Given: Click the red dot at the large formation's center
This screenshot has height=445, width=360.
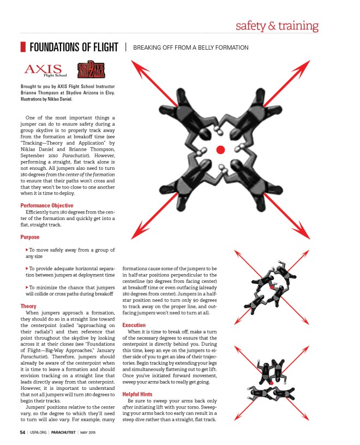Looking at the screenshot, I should click(220, 150).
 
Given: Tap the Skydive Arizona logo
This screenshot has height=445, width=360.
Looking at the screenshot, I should click(91, 70).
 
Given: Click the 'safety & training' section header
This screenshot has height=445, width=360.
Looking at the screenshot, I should click(277, 26).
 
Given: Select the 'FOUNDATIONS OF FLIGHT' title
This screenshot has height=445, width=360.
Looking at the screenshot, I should click(74, 48).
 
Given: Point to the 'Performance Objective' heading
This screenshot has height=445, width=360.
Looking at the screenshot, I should click(46, 206).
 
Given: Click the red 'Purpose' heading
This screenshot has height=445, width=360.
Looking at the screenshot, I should click(30, 238).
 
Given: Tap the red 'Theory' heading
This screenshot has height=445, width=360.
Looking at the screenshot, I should click(28, 306).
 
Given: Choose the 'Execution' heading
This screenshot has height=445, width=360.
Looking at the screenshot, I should click(134, 325).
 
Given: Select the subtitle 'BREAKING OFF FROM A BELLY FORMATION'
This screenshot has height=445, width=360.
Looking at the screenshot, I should click(190, 48).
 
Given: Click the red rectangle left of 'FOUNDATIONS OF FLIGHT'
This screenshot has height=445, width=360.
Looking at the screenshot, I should click(23, 48).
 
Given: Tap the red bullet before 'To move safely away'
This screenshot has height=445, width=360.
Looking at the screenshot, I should click(27, 249).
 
